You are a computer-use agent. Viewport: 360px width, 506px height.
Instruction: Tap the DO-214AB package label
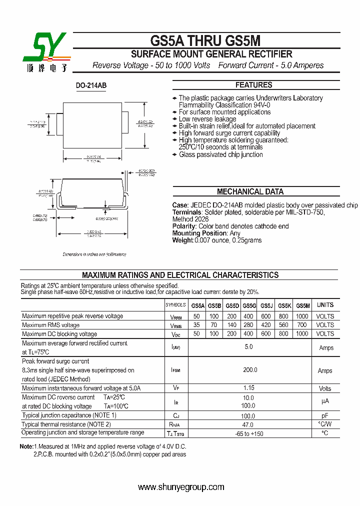click(91, 85)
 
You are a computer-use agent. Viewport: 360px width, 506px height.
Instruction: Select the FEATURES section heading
click(253, 85)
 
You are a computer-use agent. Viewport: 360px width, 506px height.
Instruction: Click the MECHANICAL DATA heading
click(250, 191)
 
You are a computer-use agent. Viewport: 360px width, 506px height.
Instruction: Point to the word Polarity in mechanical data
click(184, 226)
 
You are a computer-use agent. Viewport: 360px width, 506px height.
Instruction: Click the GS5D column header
click(232, 305)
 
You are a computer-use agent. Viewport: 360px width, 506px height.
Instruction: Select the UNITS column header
click(325, 305)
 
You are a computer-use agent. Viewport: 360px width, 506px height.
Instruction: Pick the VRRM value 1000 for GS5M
click(302, 316)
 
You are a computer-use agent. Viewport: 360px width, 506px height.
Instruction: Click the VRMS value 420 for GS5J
click(266, 325)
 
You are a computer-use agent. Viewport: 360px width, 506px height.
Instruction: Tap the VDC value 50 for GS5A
click(196, 334)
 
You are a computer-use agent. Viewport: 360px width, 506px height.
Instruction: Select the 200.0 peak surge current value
click(249, 370)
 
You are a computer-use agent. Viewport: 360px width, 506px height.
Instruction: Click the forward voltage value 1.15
click(249, 388)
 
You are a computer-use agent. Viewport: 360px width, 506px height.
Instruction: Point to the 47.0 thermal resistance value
click(249, 424)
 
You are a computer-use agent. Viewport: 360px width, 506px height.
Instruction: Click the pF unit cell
click(325, 415)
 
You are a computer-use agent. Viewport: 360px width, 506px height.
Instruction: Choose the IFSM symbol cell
click(175, 370)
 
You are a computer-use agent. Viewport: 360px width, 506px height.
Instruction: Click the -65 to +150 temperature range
click(249, 433)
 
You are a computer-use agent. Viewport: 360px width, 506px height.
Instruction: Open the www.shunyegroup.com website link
click(181, 487)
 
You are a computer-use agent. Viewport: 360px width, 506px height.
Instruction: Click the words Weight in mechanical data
click(182, 240)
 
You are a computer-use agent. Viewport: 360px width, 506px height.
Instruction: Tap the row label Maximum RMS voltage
click(50, 325)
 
